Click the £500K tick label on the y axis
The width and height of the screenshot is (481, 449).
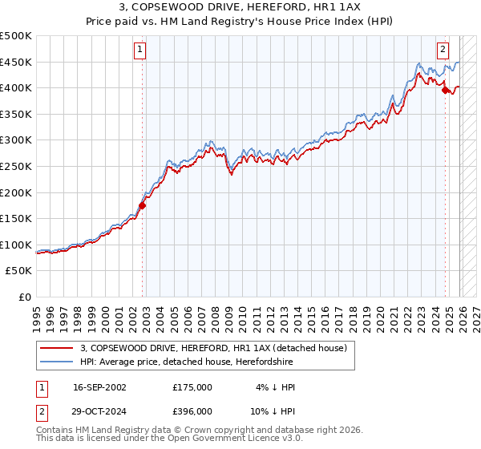pyautogui.click(x=16, y=36)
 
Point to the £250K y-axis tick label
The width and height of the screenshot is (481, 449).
pyautogui.click(x=16, y=167)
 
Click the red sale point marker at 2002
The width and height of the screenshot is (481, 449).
pyautogui.click(x=143, y=205)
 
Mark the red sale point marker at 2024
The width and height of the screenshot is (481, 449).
pyautogui.click(x=445, y=91)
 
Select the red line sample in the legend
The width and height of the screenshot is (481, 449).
pyautogui.click(x=56, y=348)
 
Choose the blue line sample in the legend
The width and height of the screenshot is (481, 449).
pyautogui.click(x=56, y=362)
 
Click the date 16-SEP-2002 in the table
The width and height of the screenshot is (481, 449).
pyautogui.click(x=99, y=387)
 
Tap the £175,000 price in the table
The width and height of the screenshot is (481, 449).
pyautogui.click(x=192, y=387)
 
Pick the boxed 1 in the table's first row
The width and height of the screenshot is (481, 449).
pyautogui.click(x=40, y=387)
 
